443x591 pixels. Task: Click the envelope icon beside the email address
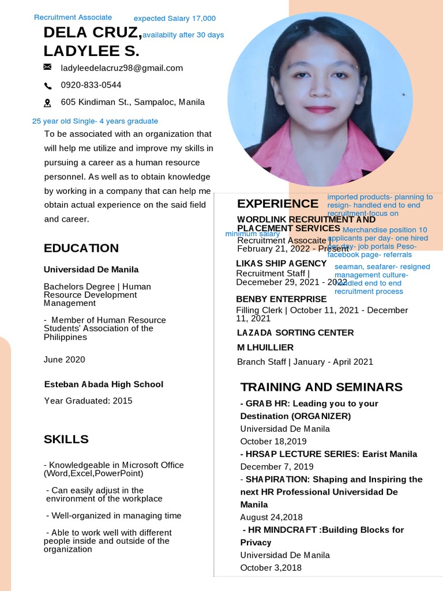tap(48, 68)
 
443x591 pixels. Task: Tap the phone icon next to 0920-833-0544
tap(48, 85)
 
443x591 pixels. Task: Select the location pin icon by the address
tap(48, 103)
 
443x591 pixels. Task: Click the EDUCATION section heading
tap(81, 248)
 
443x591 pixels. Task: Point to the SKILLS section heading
tap(66, 439)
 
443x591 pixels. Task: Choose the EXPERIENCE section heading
tap(277, 204)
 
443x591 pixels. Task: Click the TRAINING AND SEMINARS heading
tap(321, 387)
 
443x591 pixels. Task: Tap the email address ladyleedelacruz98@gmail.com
tap(122, 68)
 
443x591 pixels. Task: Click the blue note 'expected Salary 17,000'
tap(175, 18)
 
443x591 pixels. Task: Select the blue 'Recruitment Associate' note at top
tap(73, 17)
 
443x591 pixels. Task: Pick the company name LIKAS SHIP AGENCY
tap(281, 263)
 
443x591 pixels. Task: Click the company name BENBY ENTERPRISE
tap(281, 299)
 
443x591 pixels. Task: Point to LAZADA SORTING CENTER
tap(295, 332)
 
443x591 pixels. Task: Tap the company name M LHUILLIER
tap(265, 347)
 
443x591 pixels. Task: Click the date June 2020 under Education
tap(65, 360)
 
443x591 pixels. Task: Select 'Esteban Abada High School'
tap(104, 384)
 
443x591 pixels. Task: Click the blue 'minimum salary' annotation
tap(252, 234)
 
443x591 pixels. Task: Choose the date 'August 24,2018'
tap(271, 517)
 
